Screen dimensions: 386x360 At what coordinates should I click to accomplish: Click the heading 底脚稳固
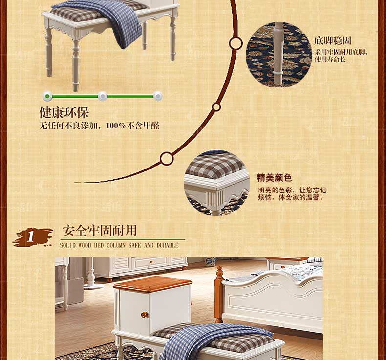[332, 41]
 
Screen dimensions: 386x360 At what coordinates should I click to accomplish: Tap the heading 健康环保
[64, 112]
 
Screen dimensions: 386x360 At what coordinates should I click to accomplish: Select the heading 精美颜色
[274, 178]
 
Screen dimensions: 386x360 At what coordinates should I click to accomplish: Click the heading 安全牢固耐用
[100, 231]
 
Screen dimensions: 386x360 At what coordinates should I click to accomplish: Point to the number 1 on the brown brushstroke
[30, 236]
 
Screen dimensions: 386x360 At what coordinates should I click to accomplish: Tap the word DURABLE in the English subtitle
[168, 245]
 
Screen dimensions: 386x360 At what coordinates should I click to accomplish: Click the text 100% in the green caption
[116, 126]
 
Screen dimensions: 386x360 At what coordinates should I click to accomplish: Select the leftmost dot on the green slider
[47, 96]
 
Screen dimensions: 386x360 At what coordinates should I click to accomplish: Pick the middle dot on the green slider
[103, 96]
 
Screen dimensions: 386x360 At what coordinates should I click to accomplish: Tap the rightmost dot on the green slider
[158, 96]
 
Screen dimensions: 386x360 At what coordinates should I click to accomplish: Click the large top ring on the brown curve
[236, 43]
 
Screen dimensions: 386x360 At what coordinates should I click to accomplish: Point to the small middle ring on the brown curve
[216, 107]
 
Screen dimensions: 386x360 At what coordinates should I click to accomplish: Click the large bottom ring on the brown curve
[167, 158]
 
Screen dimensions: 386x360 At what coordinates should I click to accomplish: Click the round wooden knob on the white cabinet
[144, 315]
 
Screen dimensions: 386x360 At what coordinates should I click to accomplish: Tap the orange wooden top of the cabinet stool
[152, 284]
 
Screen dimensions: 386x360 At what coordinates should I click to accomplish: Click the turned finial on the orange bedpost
[219, 273]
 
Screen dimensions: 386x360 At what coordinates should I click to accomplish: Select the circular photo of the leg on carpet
[279, 55]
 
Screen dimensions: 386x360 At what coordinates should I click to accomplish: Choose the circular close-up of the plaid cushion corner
[216, 184]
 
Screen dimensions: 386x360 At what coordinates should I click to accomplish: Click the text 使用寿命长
[330, 59]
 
